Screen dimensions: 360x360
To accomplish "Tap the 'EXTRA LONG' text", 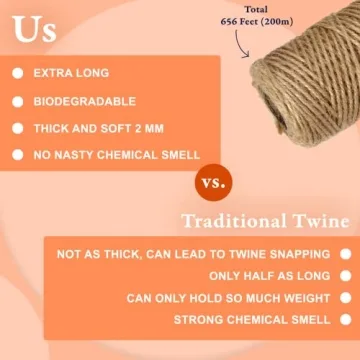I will [x=72, y=74].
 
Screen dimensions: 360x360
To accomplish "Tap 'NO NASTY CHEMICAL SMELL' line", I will [x=118, y=155].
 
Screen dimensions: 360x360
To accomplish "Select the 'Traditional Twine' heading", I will [x=265, y=222].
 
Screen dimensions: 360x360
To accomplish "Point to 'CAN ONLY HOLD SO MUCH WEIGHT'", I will [x=228, y=298].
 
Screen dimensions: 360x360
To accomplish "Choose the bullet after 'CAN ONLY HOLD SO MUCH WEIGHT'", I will [x=345, y=298].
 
